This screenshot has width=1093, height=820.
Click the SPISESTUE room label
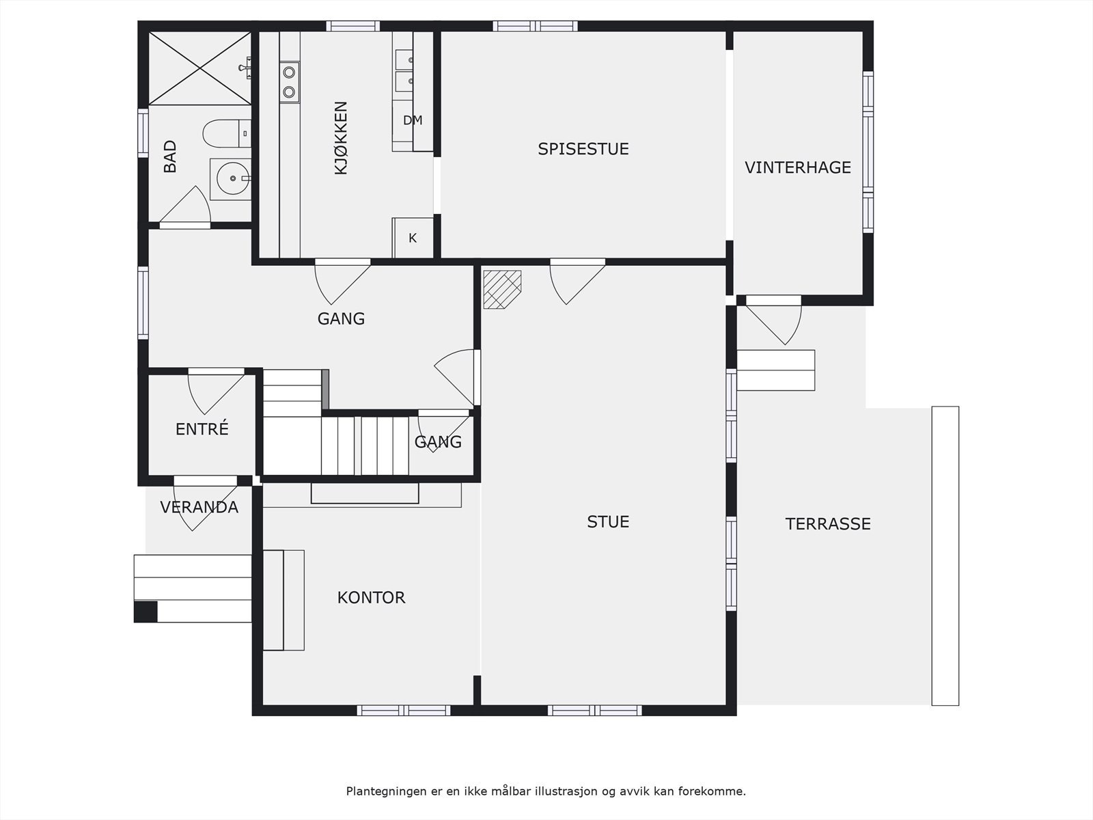tap(583, 149)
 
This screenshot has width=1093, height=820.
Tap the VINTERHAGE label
tap(798, 167)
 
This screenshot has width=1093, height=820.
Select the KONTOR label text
tap(372, 597)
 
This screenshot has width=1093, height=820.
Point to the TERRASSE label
tap(828, 523)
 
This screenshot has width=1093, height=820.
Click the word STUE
tap(608, 522)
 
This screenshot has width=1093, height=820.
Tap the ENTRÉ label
tap(202, 428)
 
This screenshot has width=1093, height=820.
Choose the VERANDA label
tap(199, 507)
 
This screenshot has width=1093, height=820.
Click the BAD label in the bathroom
tap(170, 156)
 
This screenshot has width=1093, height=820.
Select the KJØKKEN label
tap(341, 138)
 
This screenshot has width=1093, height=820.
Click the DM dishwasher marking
tap(413, 120)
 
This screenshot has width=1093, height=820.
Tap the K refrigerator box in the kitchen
tap(413, 238)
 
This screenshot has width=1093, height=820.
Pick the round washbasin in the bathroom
tap(232, 178)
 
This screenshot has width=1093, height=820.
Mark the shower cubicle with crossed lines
tap(199, 68)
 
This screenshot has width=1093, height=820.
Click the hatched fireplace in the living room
tap(502, 289)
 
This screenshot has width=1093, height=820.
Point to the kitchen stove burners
tap(290, 82)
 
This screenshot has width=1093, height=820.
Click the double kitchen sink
tap(404, 70)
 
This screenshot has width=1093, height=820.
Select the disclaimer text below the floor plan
tap(546, 791)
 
